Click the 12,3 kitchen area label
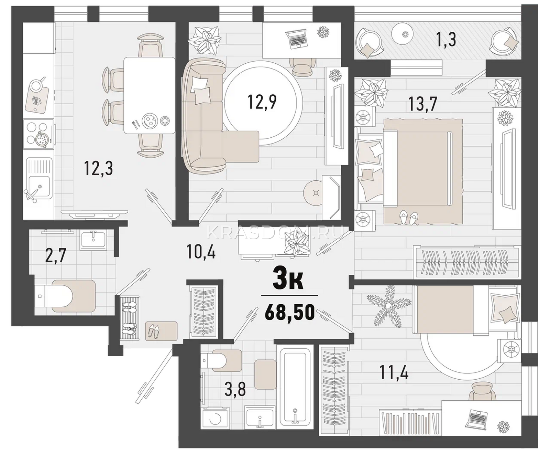pyautogui.click(x=98, y=169)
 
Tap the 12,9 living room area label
pyautogui.click(x=262, y=102)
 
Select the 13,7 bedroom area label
pyautogui.click(x=422, y=104)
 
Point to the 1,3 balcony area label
pyautogui.click(x=446, y=40)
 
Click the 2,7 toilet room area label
pyautogui.click(x=55, y=256)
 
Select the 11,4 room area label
pyautogui.click(x=394, y=372)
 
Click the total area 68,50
pyautogui.click(x=290, y=312)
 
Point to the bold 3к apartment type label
pyautogui.click(x=288, y=280)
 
